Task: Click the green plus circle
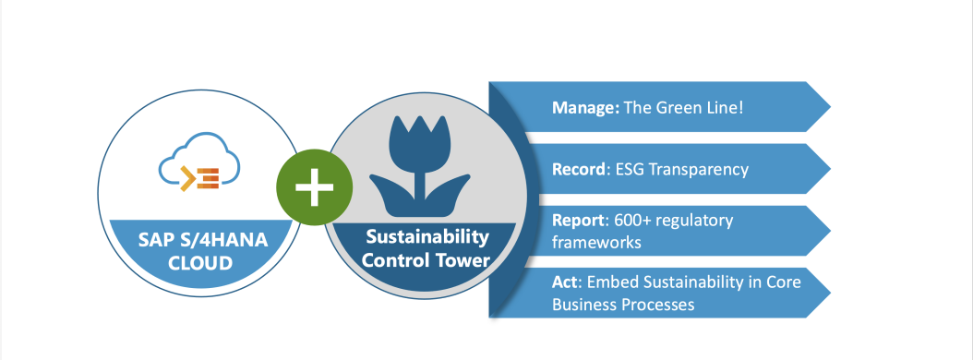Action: click(x=314, y=188)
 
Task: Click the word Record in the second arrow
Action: click(x=578, y=170)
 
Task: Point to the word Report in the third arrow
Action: click(x=578, y=222)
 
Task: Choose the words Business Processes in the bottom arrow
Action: click(x=623, y=304)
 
